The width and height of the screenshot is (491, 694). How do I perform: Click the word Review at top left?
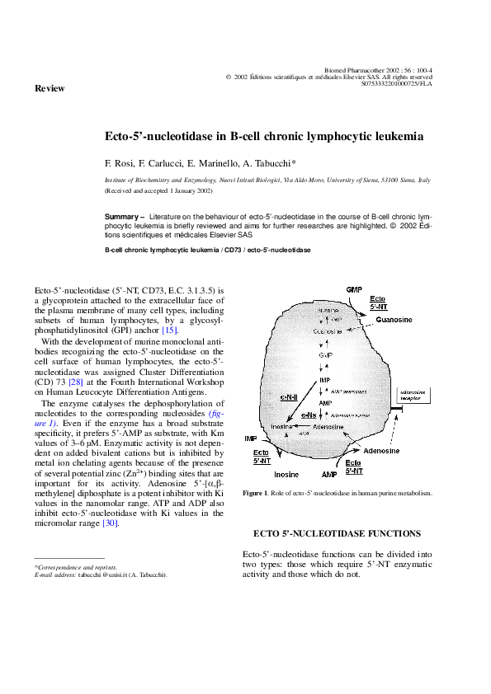49,87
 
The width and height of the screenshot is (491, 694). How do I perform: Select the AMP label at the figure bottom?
329,476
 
